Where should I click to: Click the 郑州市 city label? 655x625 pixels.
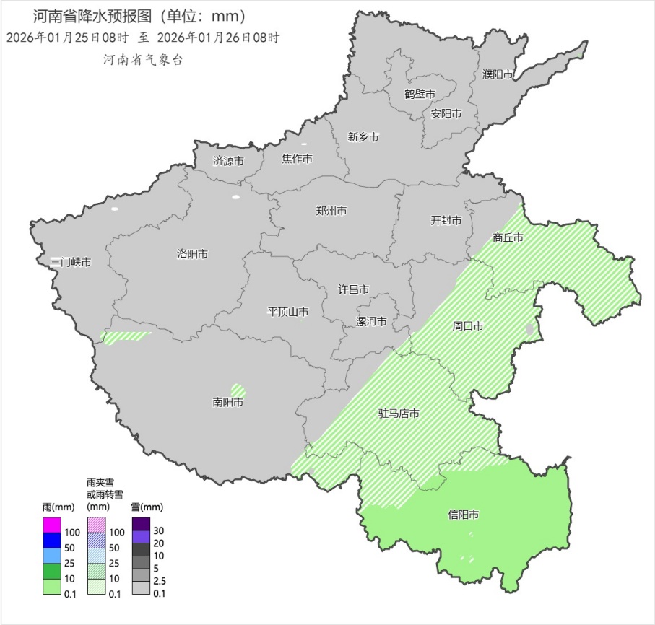331,211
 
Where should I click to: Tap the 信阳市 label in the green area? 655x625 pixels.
464,515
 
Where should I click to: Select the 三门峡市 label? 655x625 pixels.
71,262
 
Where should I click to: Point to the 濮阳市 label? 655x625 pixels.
498,74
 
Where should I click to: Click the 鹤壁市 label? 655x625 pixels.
420,94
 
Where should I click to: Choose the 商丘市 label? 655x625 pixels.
508,237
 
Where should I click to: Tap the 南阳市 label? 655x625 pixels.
227,402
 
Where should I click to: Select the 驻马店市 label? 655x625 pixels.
399,414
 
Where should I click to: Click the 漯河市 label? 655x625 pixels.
372,321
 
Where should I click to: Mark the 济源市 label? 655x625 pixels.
228,161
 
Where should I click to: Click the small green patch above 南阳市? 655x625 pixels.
238,389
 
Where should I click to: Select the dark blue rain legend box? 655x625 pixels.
52,540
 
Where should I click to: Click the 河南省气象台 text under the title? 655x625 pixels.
143,60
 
